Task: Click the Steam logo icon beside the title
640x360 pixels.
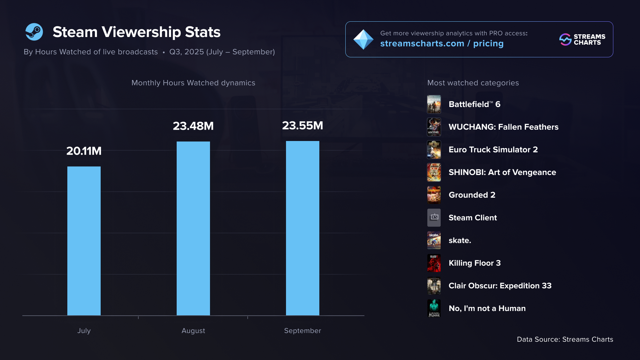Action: point(34,32)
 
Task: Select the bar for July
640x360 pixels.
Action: point(84,241)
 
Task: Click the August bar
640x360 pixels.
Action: point(193,228)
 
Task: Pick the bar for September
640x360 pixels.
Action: point(303,228)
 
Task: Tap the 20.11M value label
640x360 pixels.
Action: point(84,151)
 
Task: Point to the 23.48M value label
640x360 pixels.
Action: point(193,126)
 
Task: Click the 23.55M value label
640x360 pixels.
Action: point(303,126)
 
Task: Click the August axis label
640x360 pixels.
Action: point(193,331)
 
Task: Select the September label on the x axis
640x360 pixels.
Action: point(303,331)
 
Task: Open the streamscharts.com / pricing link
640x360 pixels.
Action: point(442,44)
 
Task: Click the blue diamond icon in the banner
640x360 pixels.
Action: point(363,40)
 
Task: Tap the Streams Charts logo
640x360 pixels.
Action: point(582,40)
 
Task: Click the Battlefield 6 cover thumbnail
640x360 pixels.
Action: point(434,104)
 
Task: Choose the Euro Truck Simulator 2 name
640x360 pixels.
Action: point(493,150)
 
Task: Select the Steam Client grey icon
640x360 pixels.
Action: point(434,218)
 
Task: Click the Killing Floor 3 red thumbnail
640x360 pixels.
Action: point(434,263)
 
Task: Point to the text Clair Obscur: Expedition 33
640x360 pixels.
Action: point(500,286)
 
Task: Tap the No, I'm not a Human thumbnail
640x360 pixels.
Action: point(434,308)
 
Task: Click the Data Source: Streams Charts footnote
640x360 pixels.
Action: point(565,339)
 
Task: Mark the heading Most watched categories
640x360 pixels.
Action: point(473,83)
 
